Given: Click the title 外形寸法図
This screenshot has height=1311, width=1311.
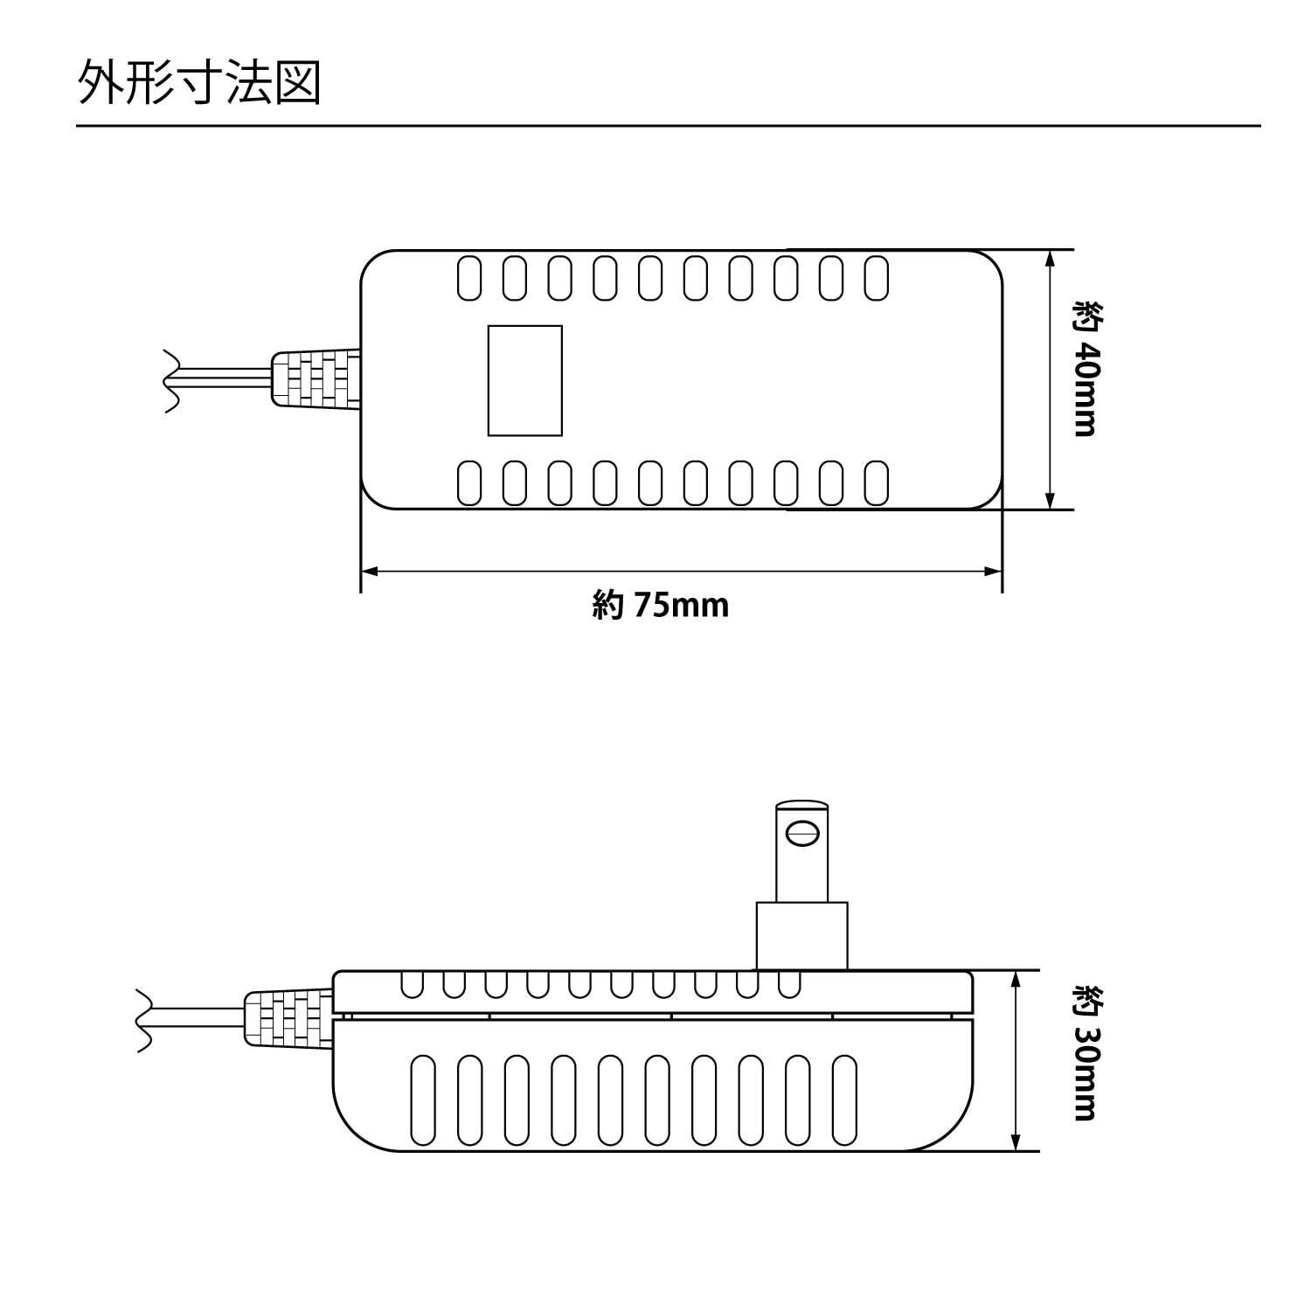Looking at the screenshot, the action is tap(200, 84).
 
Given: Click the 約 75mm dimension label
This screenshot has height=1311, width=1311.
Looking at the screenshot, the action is tap(661, 605).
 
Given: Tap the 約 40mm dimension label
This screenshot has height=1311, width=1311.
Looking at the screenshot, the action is tap(1086, 368).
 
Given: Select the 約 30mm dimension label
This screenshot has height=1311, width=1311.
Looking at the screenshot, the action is tap(1086, 1052).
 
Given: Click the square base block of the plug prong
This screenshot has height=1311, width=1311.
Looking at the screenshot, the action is tap(801, 936).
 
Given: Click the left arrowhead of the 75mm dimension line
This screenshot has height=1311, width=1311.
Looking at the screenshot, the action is tap(370, 572).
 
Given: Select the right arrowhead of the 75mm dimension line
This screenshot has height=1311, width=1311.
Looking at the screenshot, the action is tap(993, 572).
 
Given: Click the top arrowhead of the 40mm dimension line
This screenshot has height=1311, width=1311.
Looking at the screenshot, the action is tap(1050, 259).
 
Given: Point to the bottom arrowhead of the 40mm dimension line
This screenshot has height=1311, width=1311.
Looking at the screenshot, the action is tap(1050, 500).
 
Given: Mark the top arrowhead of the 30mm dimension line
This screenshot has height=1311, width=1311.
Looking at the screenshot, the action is tap(1016, 980).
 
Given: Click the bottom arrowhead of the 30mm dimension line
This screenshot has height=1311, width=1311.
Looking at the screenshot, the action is tap(1016, 1141).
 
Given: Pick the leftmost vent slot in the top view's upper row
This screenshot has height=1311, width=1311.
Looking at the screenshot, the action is tap(469, 278).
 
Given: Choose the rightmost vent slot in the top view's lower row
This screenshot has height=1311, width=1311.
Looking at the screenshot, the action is tap(877, 483).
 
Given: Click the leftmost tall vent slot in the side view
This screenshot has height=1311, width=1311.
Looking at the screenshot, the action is tap(423, 1100).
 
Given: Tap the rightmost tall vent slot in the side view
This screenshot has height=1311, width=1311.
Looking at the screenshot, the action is tap(843, 1100).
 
